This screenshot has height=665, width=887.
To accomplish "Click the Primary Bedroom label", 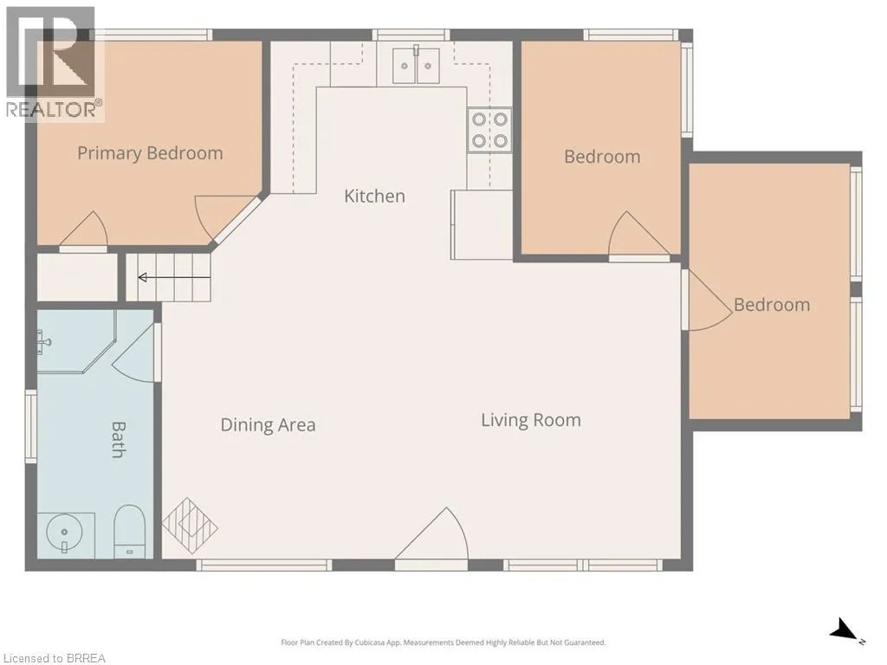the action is [x=150, y=154].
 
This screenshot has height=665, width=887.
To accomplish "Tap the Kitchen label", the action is [x=374, y=197].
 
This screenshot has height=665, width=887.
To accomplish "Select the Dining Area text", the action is [x=268, y=424].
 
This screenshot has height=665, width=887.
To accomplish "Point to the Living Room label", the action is [x=531, y=420].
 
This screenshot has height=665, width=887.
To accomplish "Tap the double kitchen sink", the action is [x=417, y=66].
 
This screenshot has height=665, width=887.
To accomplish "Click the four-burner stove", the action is [x=490, y=130].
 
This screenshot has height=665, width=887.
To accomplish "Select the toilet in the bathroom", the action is [x=130, y=531].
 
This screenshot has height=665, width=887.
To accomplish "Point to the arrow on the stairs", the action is [x=174, y=277].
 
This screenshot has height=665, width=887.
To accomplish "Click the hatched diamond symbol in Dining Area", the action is [x=190, y=526].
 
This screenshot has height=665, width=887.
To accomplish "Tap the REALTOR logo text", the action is [x=55, y=109].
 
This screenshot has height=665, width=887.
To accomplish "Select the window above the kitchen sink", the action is [x=411, y=35].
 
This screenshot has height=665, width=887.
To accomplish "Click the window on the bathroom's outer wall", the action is [x=31, y=426].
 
